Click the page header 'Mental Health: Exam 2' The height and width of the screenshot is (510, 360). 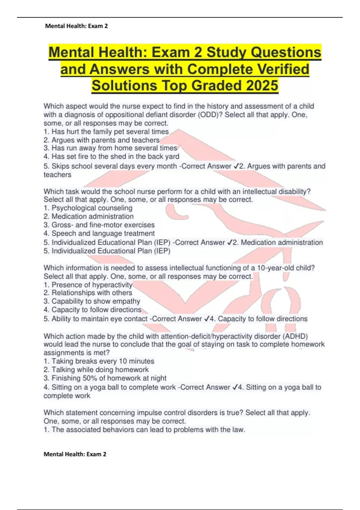[76, 26]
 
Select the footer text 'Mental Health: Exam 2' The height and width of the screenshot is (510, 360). [75, 454]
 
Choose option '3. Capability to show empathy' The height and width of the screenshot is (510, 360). [92, 301]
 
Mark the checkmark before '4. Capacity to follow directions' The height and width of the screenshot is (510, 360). [206, 319]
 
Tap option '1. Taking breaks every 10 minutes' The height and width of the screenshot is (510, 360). [99, 361]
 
